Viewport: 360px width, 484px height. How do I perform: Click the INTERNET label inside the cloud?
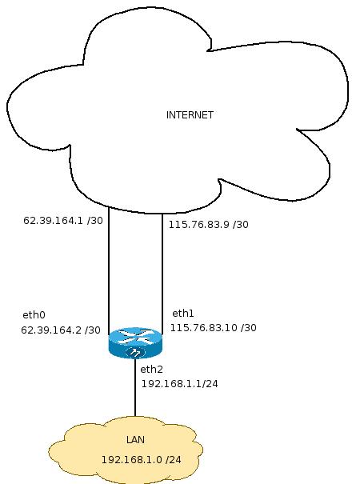190,115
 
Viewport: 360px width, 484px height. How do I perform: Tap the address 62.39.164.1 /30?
63,221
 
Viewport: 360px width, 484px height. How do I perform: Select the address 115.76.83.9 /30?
209,225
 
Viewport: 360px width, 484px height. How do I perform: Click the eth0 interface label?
34,315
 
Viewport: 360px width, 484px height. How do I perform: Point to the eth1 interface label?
182,314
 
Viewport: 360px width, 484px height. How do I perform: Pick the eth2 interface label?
151,369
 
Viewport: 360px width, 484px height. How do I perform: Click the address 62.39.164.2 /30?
61,330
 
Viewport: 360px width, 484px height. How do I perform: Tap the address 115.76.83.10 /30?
214,328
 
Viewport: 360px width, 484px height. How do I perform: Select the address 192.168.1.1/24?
180,384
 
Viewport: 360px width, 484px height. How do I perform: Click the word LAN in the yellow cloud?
135,440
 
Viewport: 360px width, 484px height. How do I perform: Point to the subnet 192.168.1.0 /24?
142,460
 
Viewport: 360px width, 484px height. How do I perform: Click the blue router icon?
135,343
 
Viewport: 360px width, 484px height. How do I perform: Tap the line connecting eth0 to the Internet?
109,270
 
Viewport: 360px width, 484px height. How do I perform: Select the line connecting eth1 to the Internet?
162,274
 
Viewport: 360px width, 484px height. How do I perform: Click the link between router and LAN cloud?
135,387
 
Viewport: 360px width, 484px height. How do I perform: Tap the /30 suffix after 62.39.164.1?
95,221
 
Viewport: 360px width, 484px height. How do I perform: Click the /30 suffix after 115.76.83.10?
249,328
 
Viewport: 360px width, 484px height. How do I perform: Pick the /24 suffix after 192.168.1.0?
174,460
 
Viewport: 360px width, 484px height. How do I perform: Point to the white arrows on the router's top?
135,336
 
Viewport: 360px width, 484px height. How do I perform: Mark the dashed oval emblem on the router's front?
135,352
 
